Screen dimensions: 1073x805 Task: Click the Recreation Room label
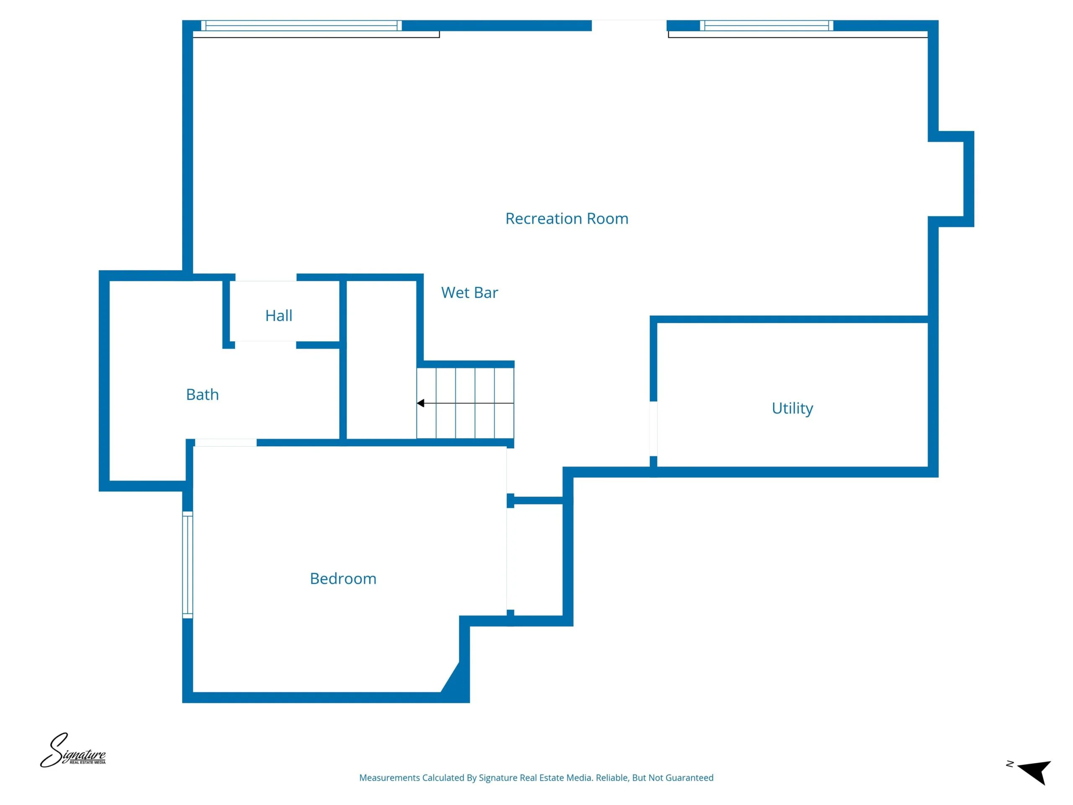(x=567, y=218)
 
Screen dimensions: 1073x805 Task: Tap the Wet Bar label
(x=469, y=293)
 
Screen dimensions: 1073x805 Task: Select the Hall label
(x=279, y=315)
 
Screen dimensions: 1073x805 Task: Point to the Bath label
(x=202, y=395)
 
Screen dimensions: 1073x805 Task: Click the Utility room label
(x=792, y=408)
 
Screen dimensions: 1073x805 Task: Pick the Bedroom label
(x=343, y=579)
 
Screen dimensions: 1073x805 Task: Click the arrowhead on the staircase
(x=420, y=403)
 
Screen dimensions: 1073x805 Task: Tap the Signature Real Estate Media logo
(x=73, y=750)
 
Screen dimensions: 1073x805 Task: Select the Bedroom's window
(x=188, y=565)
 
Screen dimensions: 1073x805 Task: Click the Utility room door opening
(x=653, y=429)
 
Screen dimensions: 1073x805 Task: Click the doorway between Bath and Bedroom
(x=225, y=442)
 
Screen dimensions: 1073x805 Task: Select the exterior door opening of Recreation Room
(x=629, y=25)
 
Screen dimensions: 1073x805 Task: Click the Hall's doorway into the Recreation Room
(x=266, y=278)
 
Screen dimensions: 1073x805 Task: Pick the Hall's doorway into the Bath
(x=266, y=345)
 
